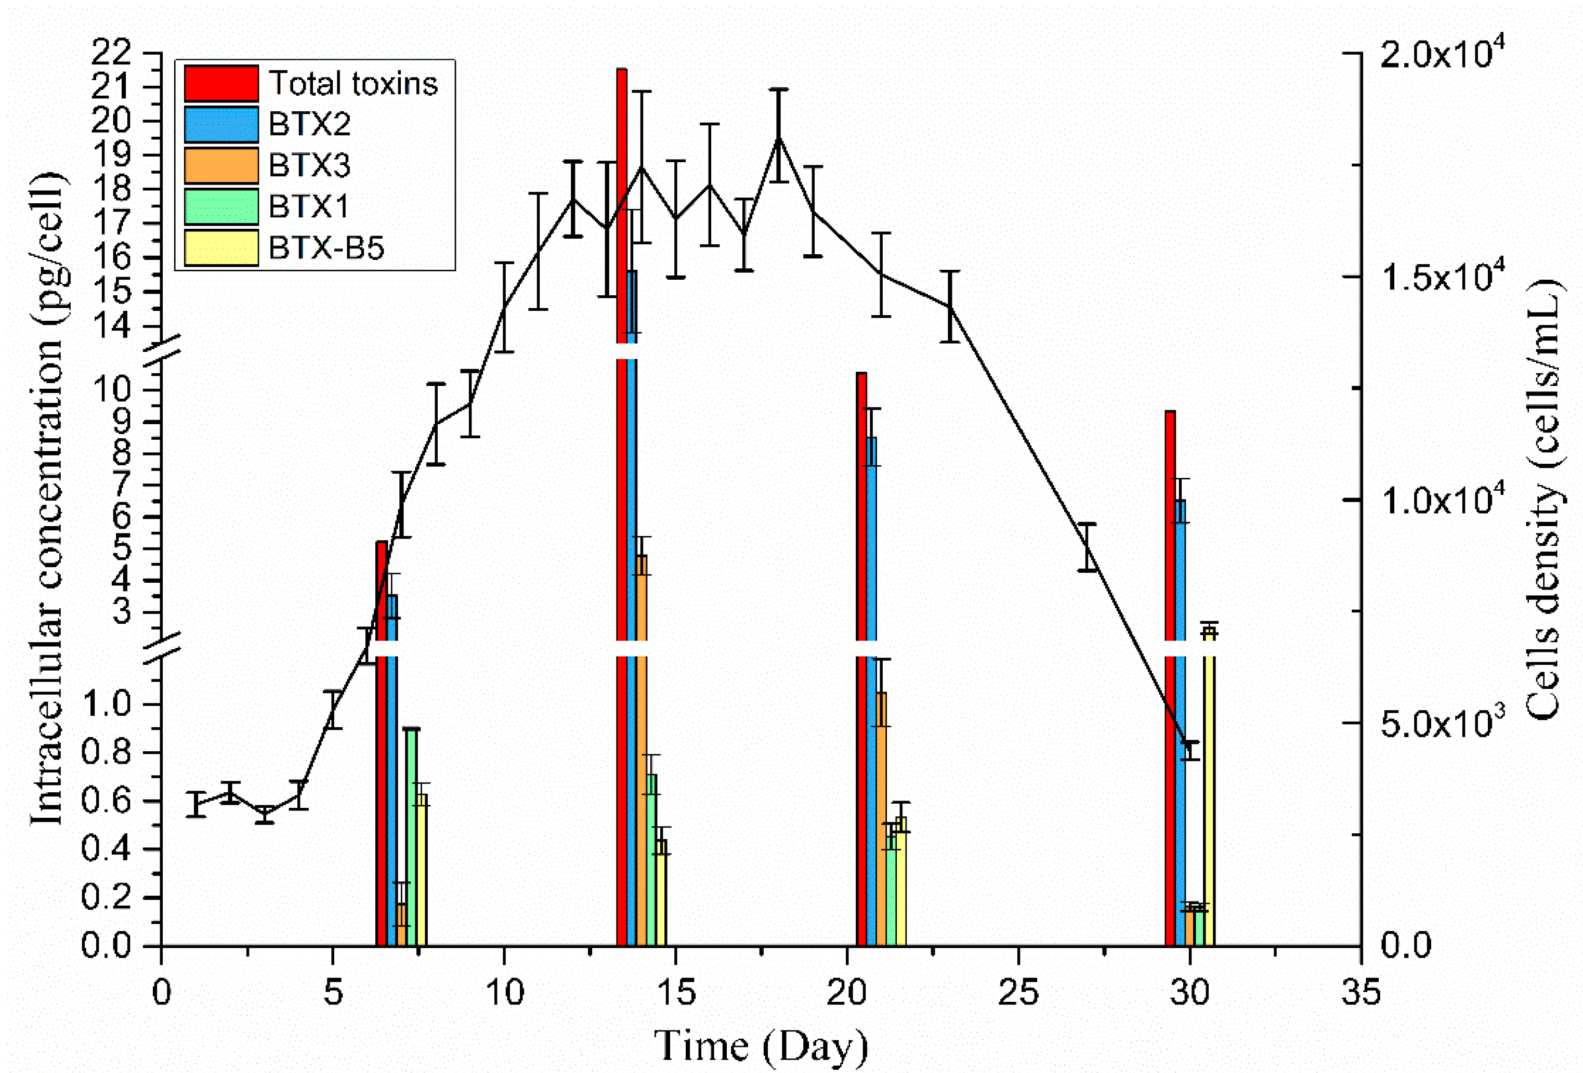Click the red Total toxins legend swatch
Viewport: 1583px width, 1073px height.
point(221,83)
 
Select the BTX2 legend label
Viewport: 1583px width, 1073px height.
point(309,124)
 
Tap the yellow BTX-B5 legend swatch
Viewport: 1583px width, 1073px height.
point(221,247)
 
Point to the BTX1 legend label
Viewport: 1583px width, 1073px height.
point(309,206)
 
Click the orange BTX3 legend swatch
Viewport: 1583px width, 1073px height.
point(221,165)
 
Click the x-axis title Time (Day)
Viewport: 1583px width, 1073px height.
point(761,1044)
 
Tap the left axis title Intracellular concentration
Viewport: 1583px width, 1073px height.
point(49,498)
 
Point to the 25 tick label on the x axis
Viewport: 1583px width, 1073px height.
point(1018,992)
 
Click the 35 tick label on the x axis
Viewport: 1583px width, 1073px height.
point(1360,992)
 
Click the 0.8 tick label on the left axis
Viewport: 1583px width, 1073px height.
point(106,752)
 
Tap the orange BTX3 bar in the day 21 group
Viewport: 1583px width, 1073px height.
point(881,818)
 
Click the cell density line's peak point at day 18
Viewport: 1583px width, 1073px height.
point(779,138)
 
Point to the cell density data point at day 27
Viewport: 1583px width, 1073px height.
point(1087,547)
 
